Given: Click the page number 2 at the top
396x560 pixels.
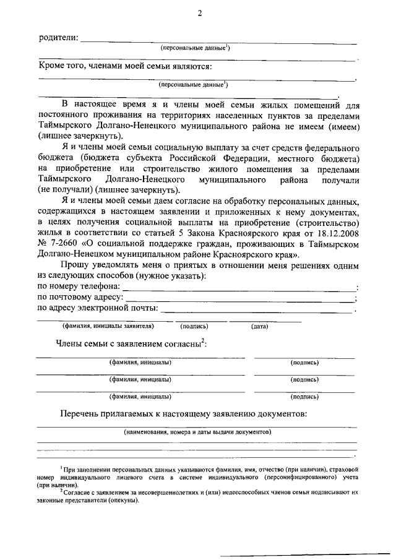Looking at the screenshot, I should point(199,12).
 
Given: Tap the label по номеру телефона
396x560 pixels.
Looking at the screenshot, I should point(79,286).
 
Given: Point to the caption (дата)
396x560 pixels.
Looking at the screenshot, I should point(259,326).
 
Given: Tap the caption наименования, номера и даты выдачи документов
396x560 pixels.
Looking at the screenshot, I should point(197,431).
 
